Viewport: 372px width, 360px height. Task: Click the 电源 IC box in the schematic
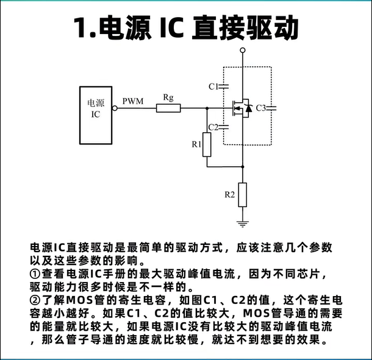pos(96,110)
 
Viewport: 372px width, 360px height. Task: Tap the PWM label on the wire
pos(133,101)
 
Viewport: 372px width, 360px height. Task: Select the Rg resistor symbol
pos(168,108)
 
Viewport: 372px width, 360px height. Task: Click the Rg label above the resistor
pos(168,97)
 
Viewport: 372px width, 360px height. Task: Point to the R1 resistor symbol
pos(207,144)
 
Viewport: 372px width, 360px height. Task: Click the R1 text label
pos(196,144)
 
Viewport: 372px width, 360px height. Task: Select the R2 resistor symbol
pos(243,194)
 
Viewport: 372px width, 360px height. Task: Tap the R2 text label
pos(230,195)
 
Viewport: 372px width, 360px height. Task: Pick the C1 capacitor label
pos(213,86)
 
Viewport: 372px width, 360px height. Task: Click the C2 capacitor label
pos(213,127)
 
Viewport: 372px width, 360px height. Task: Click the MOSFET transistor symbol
pos(242,108)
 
